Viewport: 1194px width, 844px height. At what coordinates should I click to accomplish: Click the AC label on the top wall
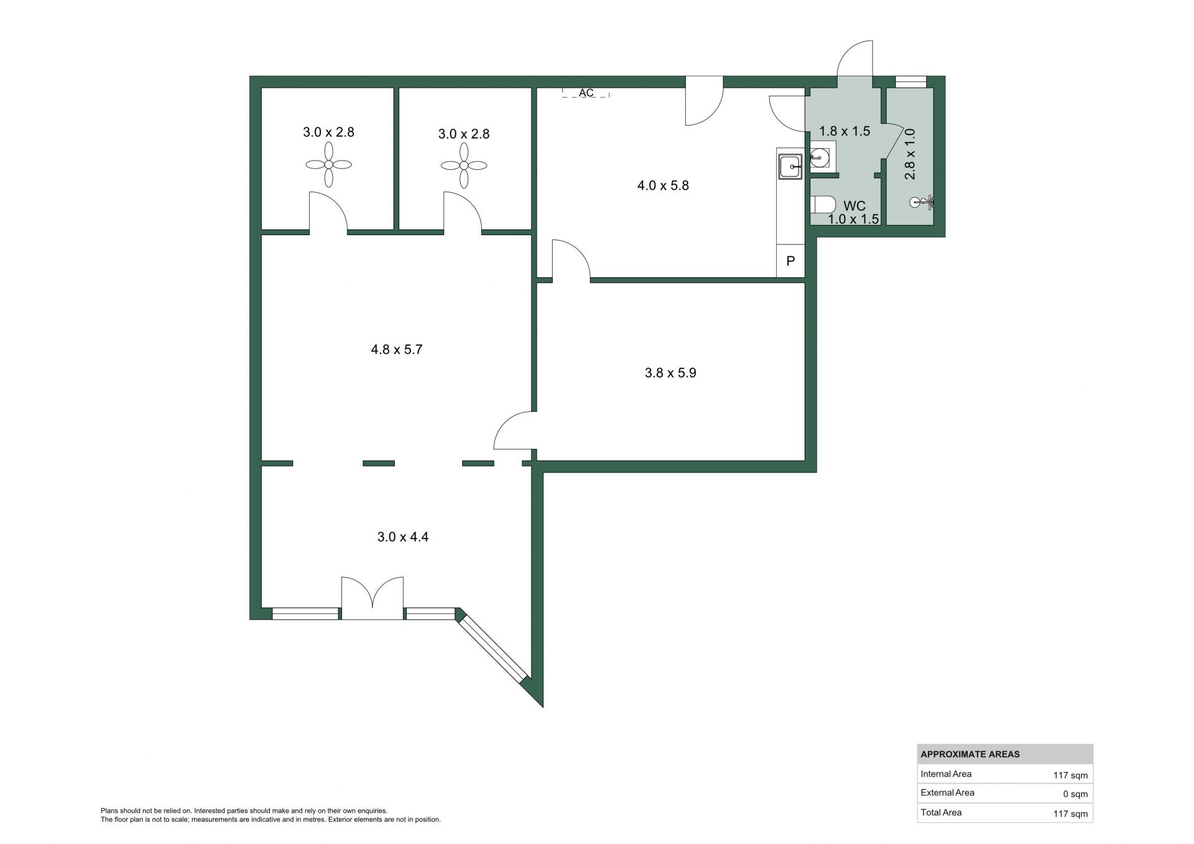[x=586, y=93]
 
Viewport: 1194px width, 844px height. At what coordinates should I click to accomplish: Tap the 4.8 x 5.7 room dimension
[x=397, y=350]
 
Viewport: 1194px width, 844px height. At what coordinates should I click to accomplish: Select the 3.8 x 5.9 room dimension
[x=670, y=373]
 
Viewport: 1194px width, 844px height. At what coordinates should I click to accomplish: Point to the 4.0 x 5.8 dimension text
[x=663, y=185]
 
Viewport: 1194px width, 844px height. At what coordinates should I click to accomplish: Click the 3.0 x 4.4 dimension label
[x=403, y=537]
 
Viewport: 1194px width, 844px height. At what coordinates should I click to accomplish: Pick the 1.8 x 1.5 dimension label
[x=845, y=131]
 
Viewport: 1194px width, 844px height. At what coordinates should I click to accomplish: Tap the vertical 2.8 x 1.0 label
[x=910, y=154]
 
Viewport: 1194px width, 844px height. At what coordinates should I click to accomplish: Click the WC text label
[x=854, y=206]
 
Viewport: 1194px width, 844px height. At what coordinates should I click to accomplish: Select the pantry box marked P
[x=791, y=261]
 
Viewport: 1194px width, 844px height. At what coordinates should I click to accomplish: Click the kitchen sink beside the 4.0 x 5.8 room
[x=790, y=166]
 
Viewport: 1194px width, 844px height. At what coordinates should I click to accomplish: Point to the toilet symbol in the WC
[x=822, y=205]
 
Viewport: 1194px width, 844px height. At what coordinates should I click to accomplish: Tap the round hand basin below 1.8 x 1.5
[x=820, y=157]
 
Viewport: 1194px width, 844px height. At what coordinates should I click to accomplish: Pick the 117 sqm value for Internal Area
[x=1070, y=776]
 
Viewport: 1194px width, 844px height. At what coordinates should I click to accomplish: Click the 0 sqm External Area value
[x=1075, y=794]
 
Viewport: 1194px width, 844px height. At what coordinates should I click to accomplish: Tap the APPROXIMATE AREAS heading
[x=970, y=754]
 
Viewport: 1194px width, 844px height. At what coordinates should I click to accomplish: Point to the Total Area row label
[x=941, y=812]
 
